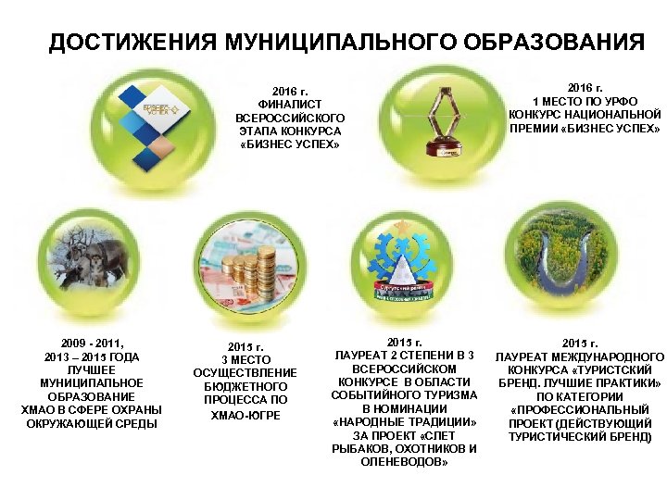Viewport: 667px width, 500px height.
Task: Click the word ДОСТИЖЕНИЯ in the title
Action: point(119,43)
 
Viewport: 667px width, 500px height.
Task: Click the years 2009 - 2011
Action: point(92,343)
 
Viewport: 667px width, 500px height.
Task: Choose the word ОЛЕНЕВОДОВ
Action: point(403,462)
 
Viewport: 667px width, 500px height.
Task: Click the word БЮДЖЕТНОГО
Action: point(245,386)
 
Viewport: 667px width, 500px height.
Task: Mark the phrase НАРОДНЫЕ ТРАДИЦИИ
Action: point(404,422)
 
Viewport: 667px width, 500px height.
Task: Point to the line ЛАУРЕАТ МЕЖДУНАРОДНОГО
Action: point(579,356)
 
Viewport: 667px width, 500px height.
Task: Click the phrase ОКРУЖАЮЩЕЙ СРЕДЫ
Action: point(92,423)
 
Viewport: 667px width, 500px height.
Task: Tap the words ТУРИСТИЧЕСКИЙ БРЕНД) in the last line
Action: point(580,436)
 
